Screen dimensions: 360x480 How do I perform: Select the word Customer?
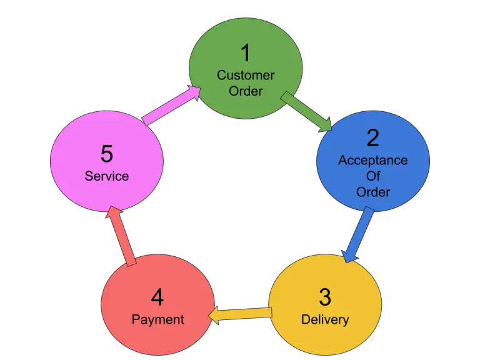pos(246,75)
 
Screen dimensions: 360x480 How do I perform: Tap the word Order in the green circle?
pos(246,91)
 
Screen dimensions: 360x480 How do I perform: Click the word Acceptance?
pos(372,160)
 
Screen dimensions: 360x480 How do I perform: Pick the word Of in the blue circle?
pos(373,176)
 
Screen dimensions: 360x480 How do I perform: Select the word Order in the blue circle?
pos(373,192)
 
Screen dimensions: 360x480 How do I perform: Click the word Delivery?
pos(325,319)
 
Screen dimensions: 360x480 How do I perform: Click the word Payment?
pos(157,319)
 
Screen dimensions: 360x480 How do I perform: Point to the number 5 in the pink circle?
pos(107,154)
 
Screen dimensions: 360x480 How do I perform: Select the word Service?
pos(107,176)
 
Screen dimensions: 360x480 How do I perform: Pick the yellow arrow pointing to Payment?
pos(241,313)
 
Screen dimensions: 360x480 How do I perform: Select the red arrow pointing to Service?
pos(121,236)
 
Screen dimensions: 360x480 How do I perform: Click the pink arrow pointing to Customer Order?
pos(171,104)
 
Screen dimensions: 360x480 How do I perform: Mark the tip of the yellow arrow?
pos(209,316)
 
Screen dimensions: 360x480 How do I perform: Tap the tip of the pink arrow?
pos(201,88)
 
